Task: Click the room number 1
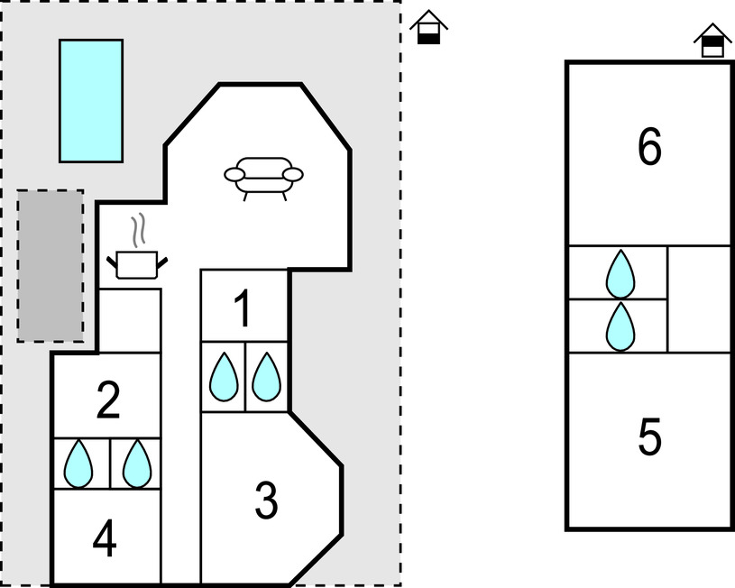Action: coord(242,309)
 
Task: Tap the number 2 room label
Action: coord(108,401)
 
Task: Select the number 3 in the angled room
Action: coord(266,501)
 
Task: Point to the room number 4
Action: coord(105,540)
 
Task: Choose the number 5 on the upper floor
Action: coord(649,438)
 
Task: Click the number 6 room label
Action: coord(649,148)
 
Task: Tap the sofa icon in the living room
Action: coord(263,176)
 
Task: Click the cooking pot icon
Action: coord(137,263)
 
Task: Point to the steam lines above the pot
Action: coord(138,231)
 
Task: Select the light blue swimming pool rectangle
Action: coord(91,100)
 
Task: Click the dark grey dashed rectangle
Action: coord(51,265)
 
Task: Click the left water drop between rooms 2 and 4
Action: coord(79,464)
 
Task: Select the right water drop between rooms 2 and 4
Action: coord(137,464)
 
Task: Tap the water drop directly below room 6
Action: coord(620,273)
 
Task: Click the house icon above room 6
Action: coord(713,41)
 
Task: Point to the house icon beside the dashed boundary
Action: coord(429,28)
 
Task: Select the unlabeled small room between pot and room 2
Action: coord(129,320)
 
